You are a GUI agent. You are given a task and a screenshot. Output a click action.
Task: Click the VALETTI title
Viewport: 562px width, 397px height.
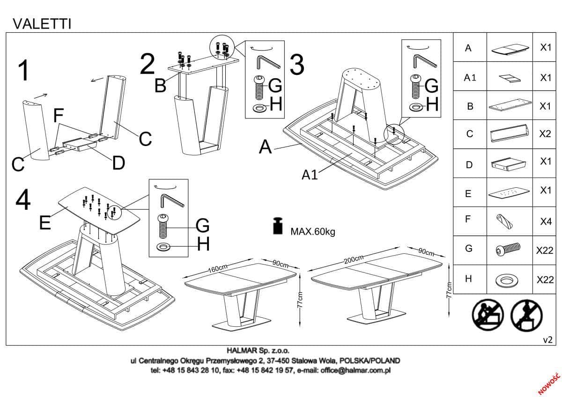(x=42, y=23)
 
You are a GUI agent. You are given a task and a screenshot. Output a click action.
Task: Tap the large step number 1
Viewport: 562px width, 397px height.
(x=22, y=71)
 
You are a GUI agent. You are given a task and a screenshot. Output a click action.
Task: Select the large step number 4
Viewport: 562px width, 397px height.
(x=23, y=201)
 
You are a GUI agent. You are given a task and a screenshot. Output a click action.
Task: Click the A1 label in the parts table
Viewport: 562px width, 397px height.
(x=470, y=78)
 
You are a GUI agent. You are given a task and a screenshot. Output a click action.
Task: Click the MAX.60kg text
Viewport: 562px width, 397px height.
(x=313, y=231)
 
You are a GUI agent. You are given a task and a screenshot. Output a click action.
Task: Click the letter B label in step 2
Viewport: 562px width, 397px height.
(x=161, y=86)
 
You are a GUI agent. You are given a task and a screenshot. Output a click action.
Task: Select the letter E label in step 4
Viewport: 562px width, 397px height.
(x=45, y=223)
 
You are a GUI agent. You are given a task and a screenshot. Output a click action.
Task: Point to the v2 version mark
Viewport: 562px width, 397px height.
(x=547, y=340)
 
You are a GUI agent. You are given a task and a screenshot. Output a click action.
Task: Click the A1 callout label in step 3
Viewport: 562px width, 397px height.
(x=310, y=175)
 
